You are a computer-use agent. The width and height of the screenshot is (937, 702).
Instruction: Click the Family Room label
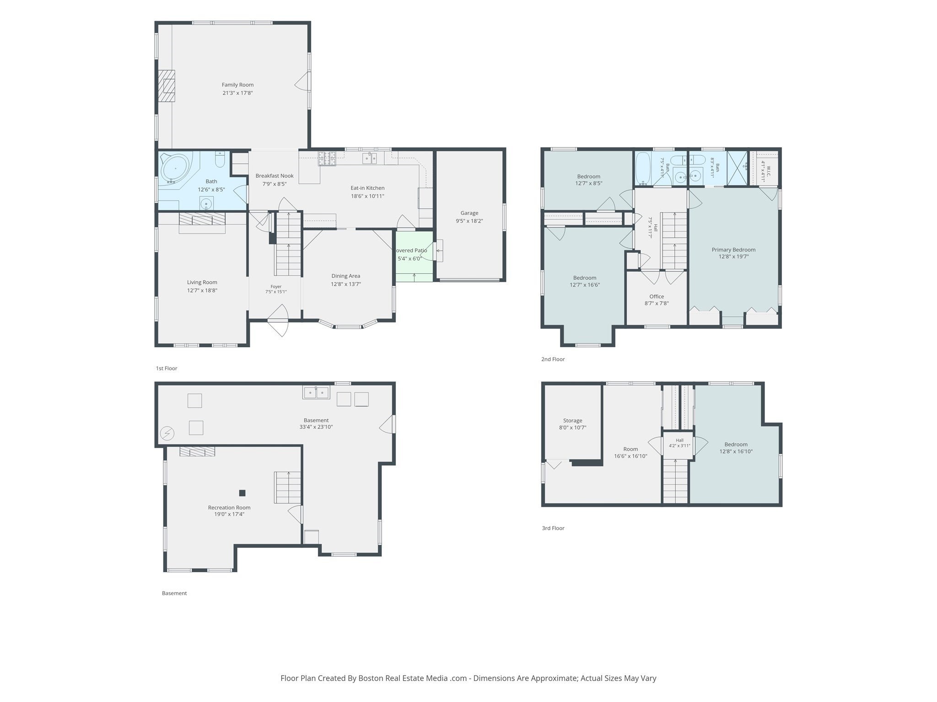pos(237,85)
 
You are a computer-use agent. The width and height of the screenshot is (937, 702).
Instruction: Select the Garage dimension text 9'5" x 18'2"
pos(469,221)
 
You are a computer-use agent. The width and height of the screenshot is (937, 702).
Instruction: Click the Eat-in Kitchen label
pos(367,188)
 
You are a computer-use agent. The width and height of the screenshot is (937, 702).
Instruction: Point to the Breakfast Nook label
pos(275,175)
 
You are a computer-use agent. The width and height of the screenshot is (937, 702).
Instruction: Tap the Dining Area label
pos(345,276)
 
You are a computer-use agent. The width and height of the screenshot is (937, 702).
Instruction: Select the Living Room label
pos(202,282)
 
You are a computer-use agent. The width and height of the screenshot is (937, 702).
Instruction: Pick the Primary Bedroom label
pos(733,250)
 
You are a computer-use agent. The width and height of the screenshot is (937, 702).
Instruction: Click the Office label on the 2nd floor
pos(657,296)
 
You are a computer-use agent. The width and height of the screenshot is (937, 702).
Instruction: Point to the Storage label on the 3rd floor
pos(572,420)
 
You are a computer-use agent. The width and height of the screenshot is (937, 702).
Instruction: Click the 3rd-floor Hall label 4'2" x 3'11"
pos(679,443)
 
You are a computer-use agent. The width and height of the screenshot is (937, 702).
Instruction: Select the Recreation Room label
pos(229,507)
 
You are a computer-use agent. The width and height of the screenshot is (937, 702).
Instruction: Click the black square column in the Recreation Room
pos(242,493)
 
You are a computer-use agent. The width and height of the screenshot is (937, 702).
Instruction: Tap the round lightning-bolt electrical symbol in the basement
pos(167,433)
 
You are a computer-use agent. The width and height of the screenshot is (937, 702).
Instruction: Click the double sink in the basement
pos(316,393)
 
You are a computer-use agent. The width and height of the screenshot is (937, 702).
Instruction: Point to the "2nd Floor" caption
pos(553,359)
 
